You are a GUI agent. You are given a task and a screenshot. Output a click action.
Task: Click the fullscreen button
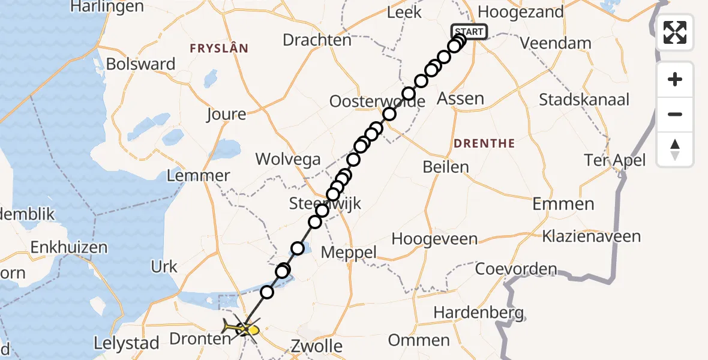(x=675, y=32)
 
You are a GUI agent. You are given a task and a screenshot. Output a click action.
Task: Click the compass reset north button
(x=675, y=149)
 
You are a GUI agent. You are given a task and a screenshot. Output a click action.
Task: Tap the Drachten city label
(x=317, y=40)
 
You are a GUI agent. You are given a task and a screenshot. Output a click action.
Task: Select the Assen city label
(x=461, y=98)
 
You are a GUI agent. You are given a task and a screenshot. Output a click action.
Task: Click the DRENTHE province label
(x=484, y=143)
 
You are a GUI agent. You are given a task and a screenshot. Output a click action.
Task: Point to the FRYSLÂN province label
(x=219, y=49)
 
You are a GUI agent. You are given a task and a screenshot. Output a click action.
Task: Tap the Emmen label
(x=563, y=204)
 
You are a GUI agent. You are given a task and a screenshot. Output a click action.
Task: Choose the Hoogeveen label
(x=434, y=239)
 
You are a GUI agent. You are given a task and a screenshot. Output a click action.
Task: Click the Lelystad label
(x=127, y=344)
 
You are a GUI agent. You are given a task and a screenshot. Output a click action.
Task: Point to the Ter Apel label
(x=616, y=160)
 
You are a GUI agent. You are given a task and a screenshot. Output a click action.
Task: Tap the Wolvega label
(x=288, y=160)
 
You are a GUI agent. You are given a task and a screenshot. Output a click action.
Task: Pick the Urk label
(x=164, y=266)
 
